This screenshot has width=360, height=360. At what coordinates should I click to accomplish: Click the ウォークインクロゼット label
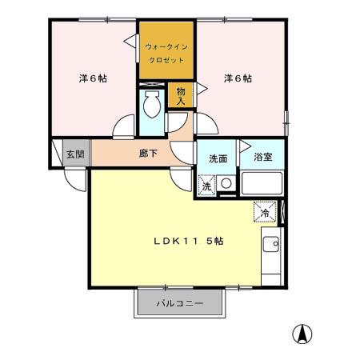[166, 52]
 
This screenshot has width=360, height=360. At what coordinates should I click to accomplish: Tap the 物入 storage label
[181, 97]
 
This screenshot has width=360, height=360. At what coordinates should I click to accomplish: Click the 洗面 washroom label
[218, 158]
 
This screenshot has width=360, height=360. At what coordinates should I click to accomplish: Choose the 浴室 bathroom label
[262, 157]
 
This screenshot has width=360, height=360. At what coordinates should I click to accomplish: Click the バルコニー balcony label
[179, 304]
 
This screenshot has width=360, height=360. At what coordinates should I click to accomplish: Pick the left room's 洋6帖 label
[93, 78]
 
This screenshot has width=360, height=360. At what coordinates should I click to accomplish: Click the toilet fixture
[150, 105]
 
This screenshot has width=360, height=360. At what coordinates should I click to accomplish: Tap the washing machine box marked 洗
[206, 186]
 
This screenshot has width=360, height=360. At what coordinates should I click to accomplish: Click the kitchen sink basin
[273, 243]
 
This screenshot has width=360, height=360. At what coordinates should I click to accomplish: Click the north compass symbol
[304, 334]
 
